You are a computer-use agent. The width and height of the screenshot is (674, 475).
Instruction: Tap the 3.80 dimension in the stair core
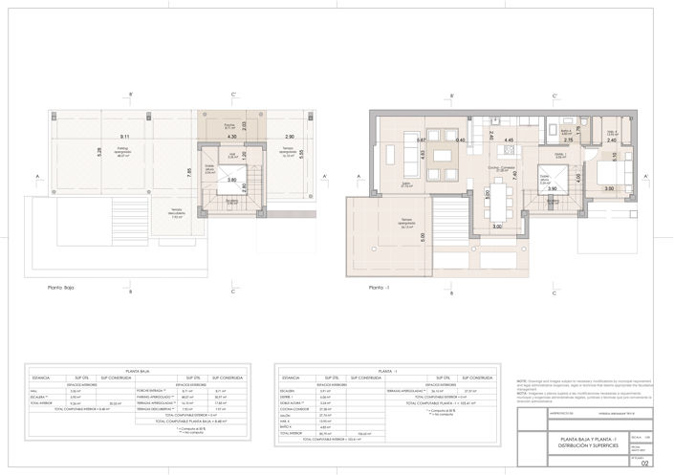232,180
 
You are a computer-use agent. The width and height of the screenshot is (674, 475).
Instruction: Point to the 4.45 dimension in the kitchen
510,141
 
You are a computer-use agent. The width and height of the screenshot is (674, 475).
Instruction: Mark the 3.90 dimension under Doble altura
552,189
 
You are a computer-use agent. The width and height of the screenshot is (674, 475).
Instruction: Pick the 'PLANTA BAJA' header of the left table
139,370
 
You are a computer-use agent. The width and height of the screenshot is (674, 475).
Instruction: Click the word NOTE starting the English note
522,378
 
